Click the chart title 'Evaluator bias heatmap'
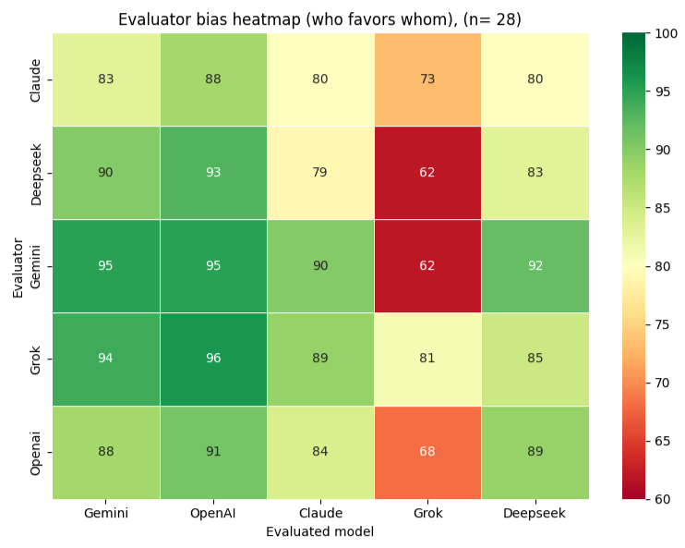tap(319, 19)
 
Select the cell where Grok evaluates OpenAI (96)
tap(213, 359)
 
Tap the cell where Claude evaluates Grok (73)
tap(427, 79)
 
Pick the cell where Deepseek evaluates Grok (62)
tap(427, 173)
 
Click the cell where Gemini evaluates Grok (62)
tap(427, 266)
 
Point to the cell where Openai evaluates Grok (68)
tap(427, 453)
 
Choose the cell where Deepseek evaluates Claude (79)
tap(320, 173)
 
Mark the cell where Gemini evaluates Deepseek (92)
tap(535, 266)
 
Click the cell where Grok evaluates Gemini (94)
tap(106, 359)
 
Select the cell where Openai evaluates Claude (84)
tap(320, 453)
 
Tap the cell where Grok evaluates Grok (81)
tap(427, 359)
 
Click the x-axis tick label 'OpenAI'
tap(213, 514)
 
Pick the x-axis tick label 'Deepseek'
tap(535, 514)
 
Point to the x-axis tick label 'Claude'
tap(320, 514)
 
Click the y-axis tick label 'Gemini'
tap(36, 266)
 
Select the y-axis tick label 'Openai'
tap(36, 453)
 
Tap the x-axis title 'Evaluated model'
tap(319, 532)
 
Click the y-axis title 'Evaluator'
tap(18, 266)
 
